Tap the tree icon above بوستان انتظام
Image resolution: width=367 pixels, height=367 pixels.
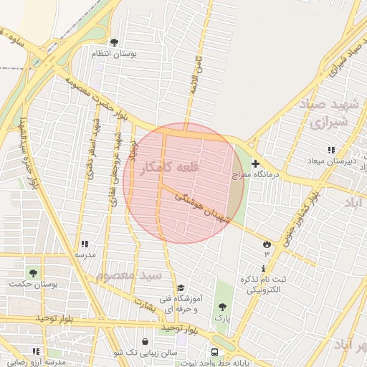[x=114, y=42]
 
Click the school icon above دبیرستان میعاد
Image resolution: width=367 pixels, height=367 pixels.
[x=330, y=150]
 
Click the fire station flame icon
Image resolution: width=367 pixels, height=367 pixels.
[x=267, y=244]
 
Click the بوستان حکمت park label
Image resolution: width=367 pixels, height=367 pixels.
[x=33, y=284]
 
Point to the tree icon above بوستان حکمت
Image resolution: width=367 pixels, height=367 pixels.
[x=33, y=273]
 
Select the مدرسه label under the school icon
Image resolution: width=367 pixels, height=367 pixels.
[x=85, y=254]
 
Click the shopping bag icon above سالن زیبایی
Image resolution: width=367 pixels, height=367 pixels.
[x=146, y=342]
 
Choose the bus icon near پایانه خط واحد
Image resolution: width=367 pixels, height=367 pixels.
[x=214, y=352]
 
